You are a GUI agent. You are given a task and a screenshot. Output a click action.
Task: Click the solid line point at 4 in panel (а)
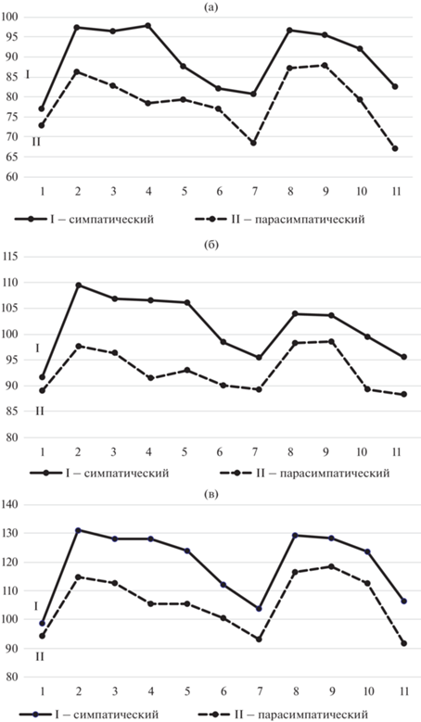click(148, 26)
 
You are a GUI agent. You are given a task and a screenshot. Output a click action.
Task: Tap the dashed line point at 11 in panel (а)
click(395, 148)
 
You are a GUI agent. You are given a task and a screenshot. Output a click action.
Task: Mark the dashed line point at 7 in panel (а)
click(253, 143)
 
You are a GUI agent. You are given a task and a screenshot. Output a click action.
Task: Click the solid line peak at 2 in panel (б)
click(78, 285)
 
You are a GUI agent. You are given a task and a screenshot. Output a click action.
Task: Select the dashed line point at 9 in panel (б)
click(325, 341)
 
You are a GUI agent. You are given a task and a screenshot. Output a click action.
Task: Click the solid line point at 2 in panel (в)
click(78, 530)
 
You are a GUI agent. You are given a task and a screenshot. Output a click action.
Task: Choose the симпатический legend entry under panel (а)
click(84, 219)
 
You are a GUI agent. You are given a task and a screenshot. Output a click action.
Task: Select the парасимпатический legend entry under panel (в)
click(283, 715)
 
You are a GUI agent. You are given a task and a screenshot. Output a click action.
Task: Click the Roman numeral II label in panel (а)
click(36, 142)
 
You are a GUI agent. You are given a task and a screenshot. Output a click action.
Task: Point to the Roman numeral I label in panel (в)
click(36, 606)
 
